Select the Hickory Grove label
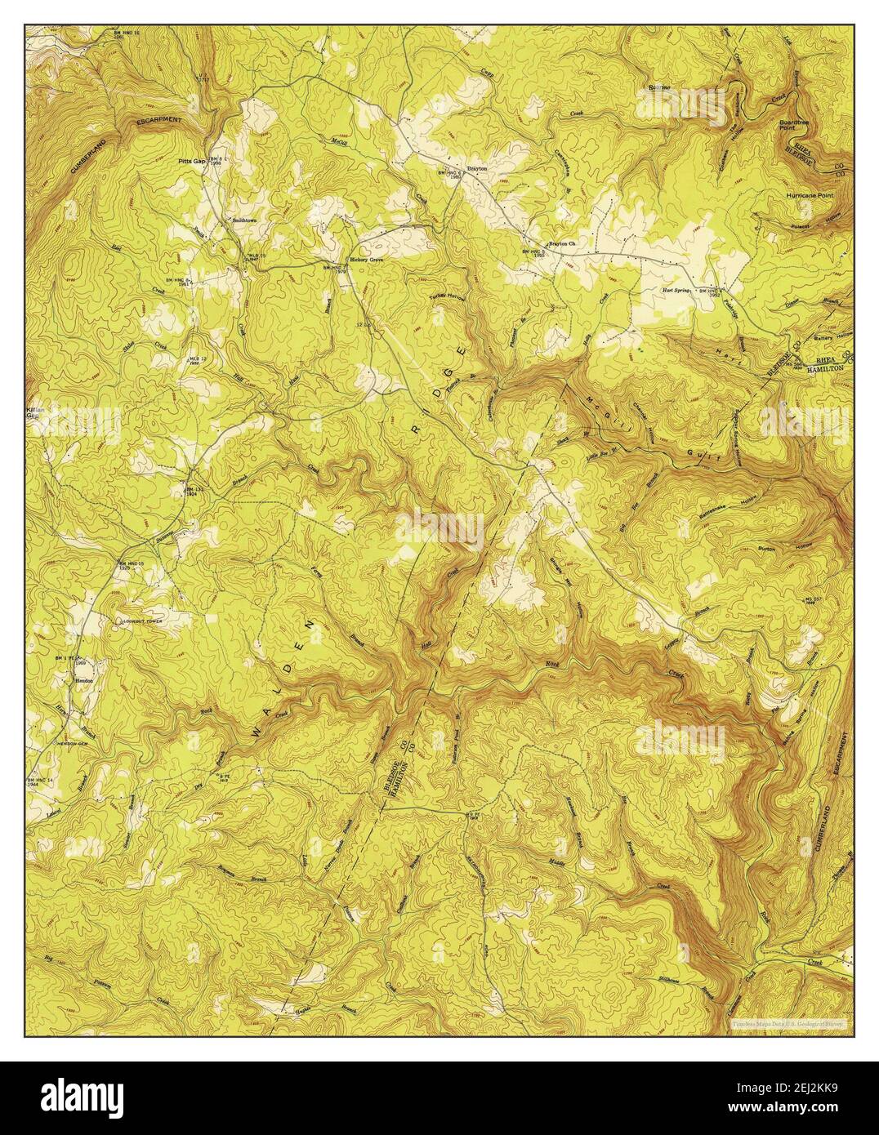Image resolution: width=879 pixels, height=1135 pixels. point(367,260)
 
